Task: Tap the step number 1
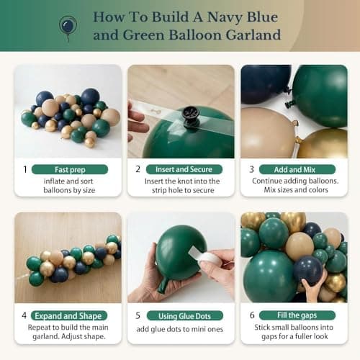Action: pyautogui.click(x=25, y=169)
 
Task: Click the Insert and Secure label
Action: pyautogui.click(x=184, y=169)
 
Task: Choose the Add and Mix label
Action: pyautogui.click(x=296, y=169)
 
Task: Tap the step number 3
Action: pyautogui.click(x=251, y=169)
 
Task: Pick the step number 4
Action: pyautogui.click(x=24, y=315)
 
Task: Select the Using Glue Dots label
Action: pyautogui.click(x=184, y=315)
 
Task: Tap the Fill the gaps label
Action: pyautogui.click(x=296, y=315)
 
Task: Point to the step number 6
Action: pyautogui.click(x=251, y=315)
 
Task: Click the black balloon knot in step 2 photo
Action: pyautogui.click(x=192, y=114)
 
